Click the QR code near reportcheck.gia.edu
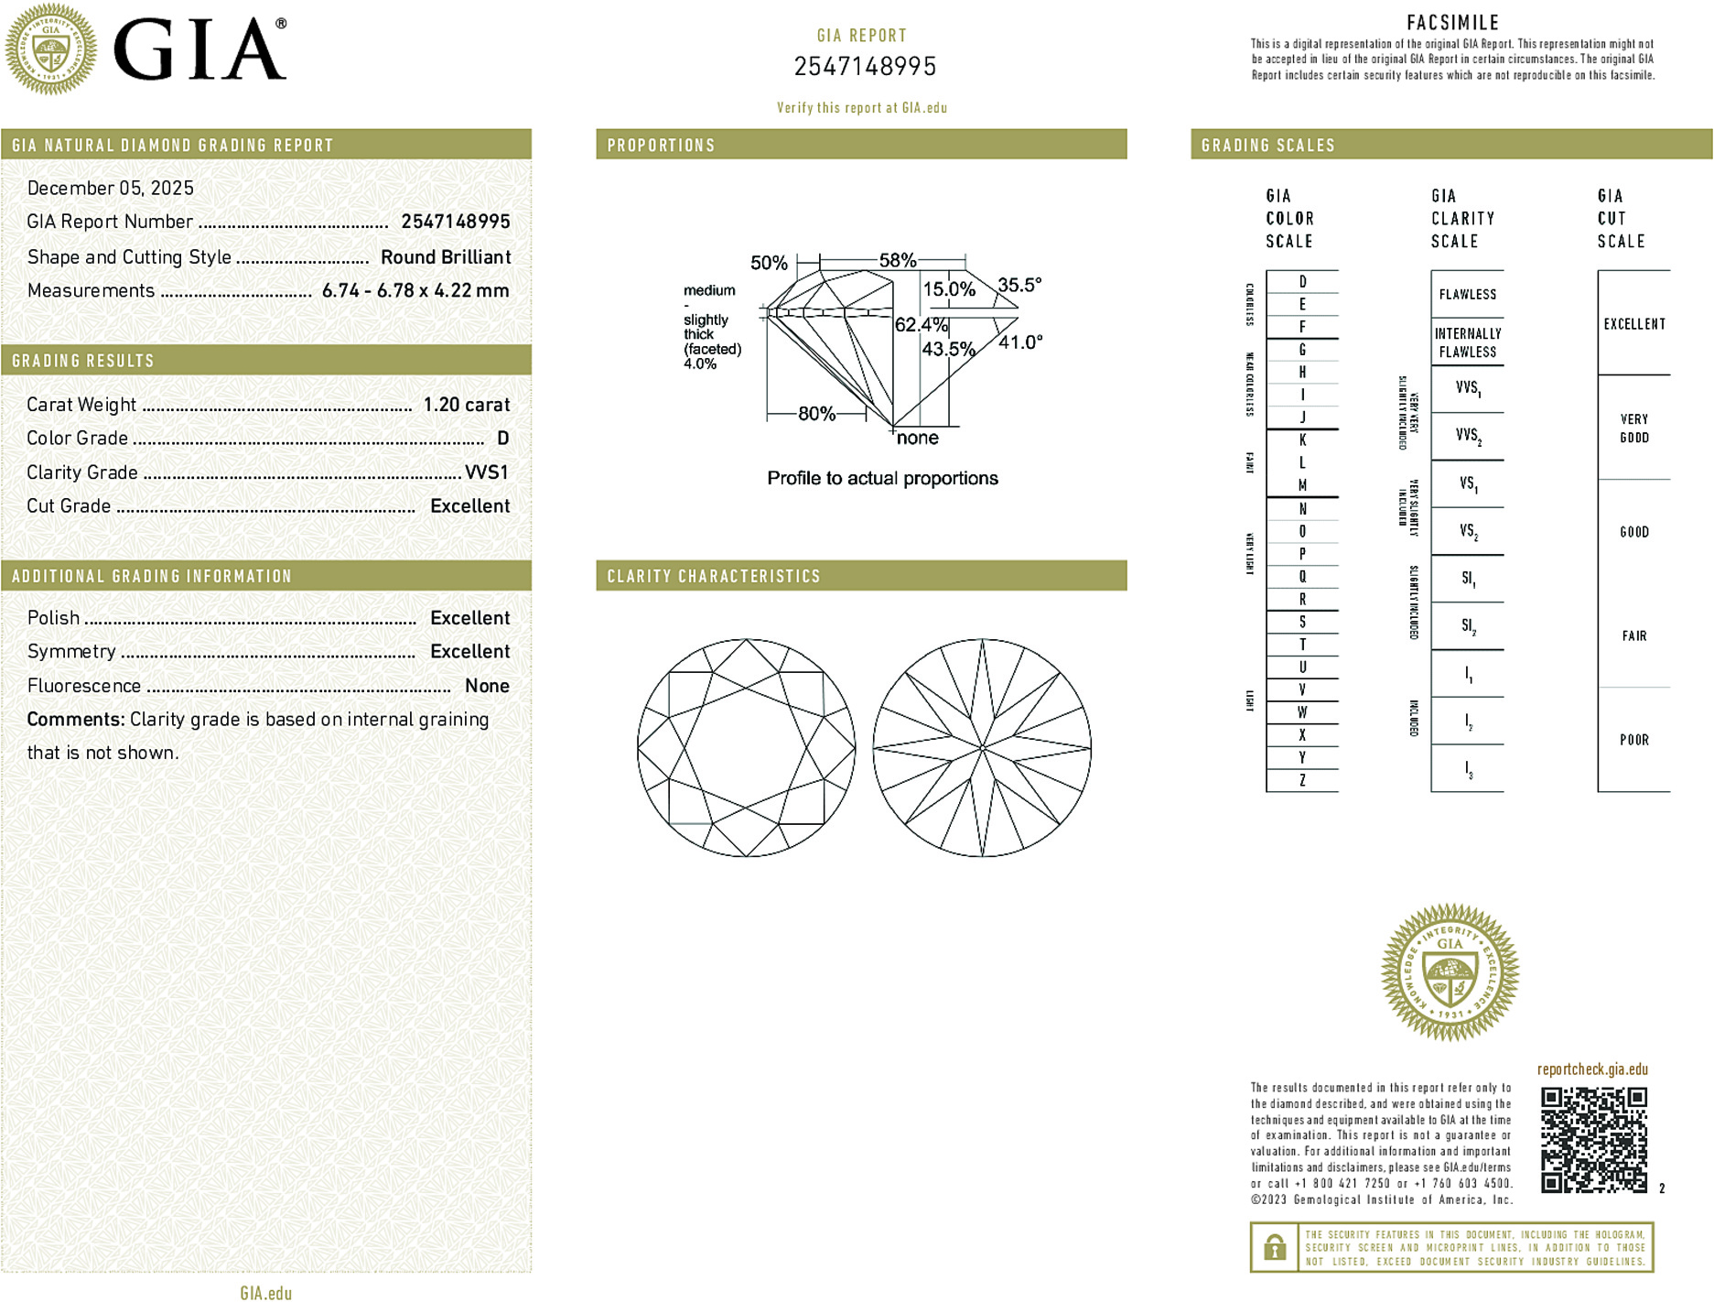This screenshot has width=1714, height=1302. coord(1593,1139)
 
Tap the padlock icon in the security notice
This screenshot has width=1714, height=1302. coord(1274,1247)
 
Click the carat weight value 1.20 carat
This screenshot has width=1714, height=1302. coord(466,405)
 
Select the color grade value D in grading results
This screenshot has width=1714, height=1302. coord(502,439)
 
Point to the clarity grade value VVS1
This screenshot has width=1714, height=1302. coord(486,472)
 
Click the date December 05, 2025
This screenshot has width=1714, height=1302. coord(111,188)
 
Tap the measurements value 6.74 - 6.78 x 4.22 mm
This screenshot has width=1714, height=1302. coord(415,290)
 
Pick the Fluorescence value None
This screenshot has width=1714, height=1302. coord(486,686)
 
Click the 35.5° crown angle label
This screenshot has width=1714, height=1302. coord(1019,285)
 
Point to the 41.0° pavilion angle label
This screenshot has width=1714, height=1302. coord(1020,342)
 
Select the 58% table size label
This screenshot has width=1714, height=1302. coord(897,260)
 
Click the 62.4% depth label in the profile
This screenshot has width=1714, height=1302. coord(921,325)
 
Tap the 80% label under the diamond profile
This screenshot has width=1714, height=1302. coord(816,414)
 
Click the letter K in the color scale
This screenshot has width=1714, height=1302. coord(1302,440)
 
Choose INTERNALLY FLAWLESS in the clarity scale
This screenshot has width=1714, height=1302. coord(1467,342)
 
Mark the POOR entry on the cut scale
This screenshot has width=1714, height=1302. coord(1633,740)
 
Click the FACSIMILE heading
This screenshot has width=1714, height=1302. coord(1452,23)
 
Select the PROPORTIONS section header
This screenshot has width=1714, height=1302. coord(661,146)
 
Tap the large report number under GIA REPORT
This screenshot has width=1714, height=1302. coord(865,67)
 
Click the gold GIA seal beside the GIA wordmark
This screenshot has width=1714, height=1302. coord(50,49)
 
